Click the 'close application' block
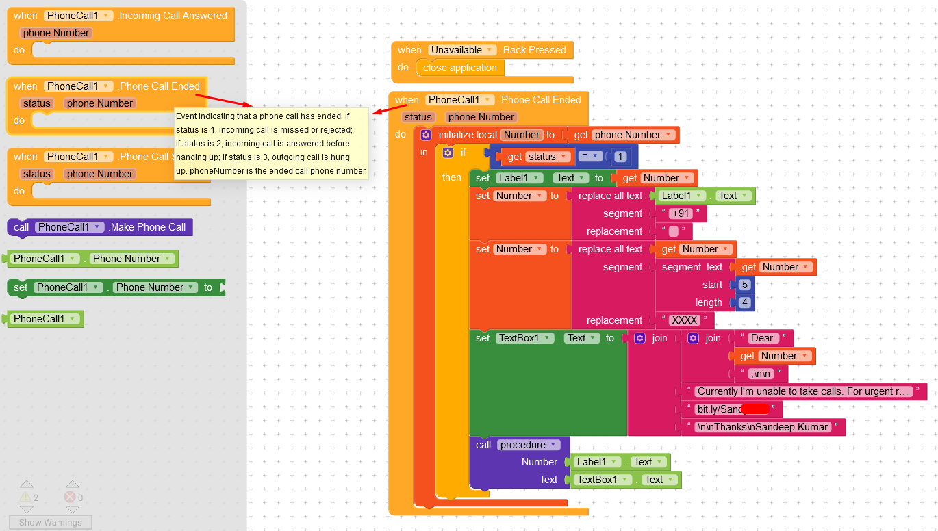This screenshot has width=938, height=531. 459,68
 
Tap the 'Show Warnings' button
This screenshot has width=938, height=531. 50,522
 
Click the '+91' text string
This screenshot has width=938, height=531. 681,213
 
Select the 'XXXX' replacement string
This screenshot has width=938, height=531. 684,320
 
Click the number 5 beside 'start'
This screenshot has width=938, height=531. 745,285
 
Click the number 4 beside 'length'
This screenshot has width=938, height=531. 745,302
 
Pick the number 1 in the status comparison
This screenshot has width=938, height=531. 620,157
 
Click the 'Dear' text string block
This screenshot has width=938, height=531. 761,338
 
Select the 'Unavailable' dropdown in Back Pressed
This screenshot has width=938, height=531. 463,50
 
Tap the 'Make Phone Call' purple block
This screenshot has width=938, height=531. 147,227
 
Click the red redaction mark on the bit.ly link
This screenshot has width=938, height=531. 755,409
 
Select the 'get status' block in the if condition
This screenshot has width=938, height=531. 538,157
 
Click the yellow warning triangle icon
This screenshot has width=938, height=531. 25,497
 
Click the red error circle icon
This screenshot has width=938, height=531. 70,497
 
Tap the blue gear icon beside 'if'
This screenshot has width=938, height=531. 448,153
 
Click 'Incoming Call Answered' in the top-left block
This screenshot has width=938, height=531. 173,16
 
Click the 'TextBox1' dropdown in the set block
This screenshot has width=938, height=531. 524,338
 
